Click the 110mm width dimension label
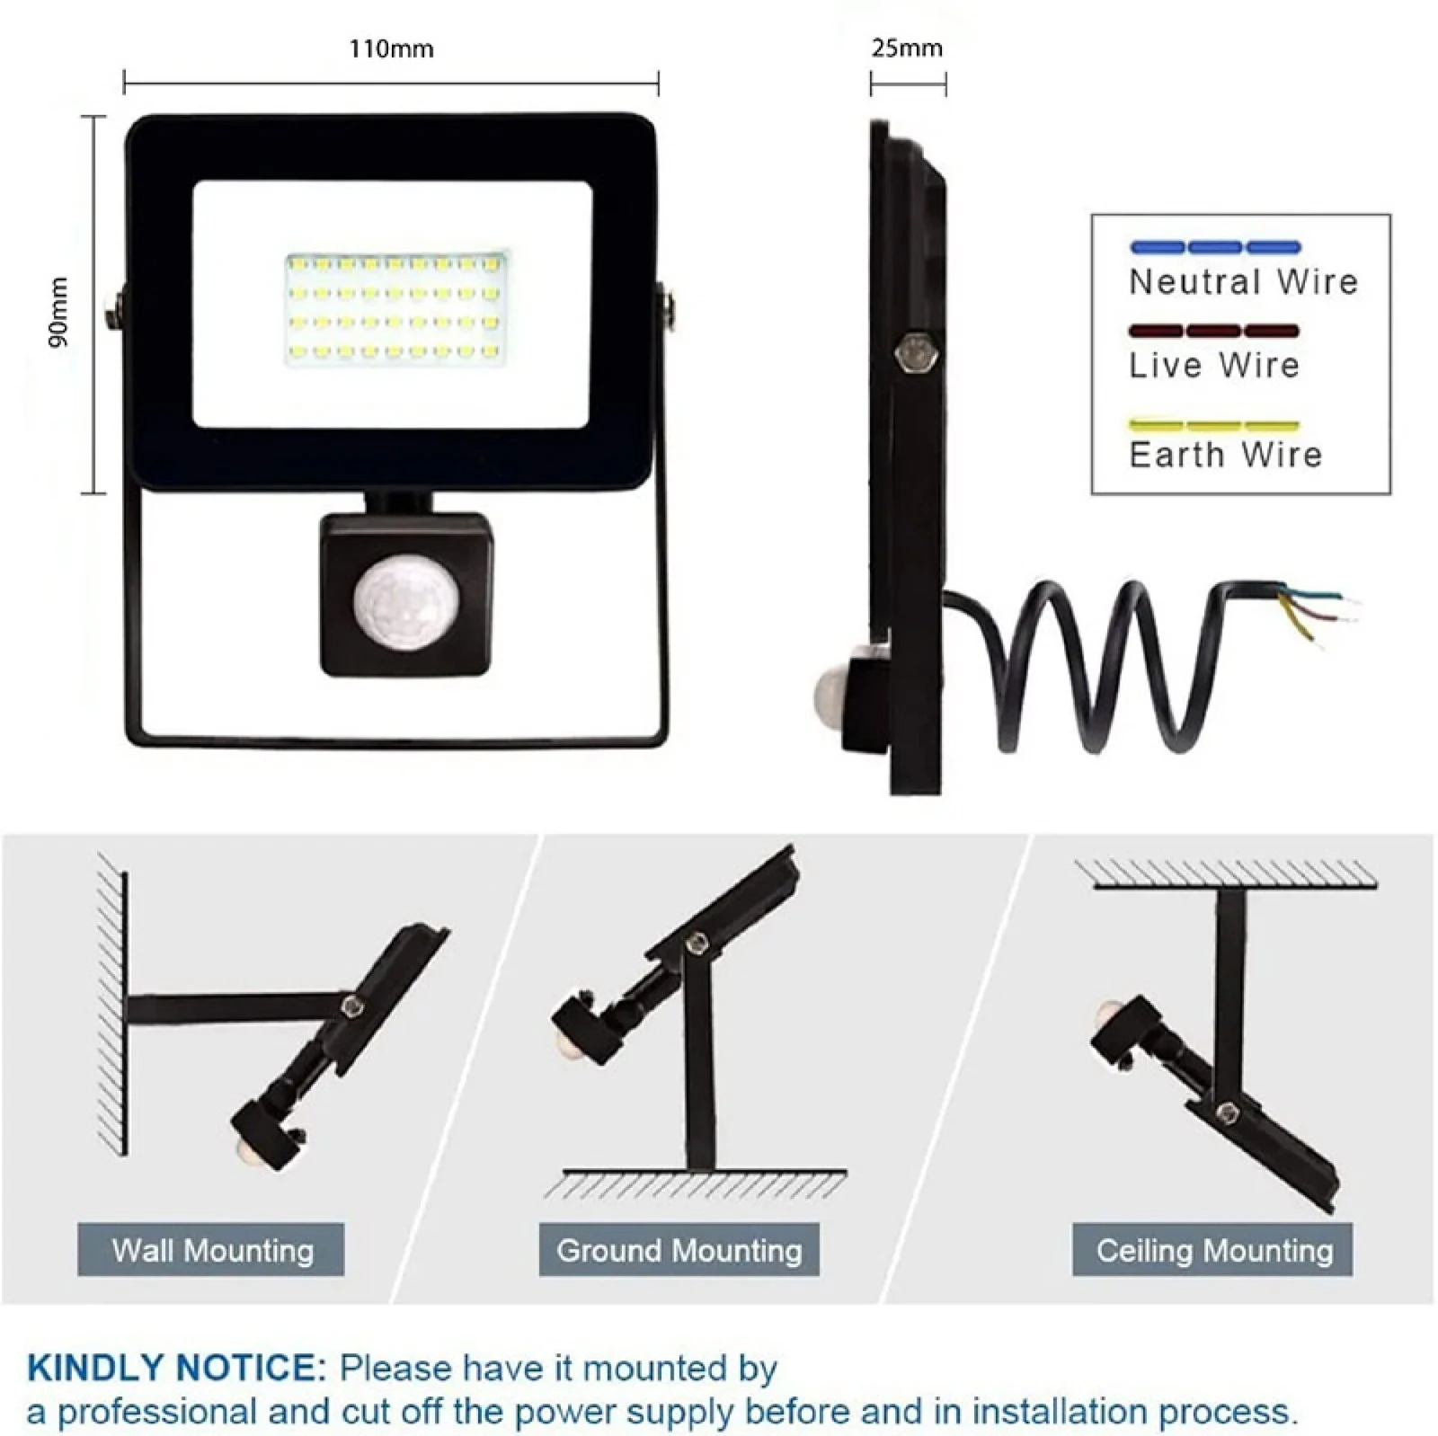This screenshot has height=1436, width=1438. pyautogui.click(x=391, y=49)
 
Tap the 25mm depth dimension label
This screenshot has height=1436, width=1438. pyautogui.click(x=907, y=49)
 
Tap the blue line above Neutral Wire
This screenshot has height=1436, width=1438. pyautogui.click(x=1215, y=247)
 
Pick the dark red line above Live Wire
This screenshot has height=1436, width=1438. pyautogui.click(x=1214, y=331)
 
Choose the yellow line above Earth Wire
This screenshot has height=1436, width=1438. pyautogui.click(x=1214, y=425)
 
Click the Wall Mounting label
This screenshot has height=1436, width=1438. pyautogui.click(x=212, y=1250)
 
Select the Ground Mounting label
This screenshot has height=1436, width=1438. pyautogui.click(x=679, y=1250)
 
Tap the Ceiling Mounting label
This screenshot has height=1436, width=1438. pyautogui.click(x=1213, y=1250)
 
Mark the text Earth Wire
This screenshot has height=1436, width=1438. pyautogui.click(x=1226, y=455)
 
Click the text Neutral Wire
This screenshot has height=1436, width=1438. pyautogui.click(x=1244, y=282)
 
